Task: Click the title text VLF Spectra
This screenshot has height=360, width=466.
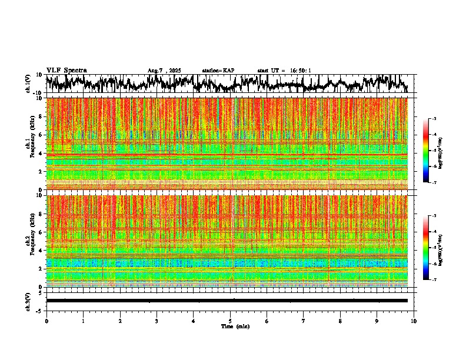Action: [x=66, y=71]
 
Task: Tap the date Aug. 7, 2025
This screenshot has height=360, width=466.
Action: [x=164, y=71]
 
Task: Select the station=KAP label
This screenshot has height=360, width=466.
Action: [x=218, y=71]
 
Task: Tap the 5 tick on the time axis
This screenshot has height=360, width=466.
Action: [x=230, y=321]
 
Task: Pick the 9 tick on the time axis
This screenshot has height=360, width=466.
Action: [x=377, y=321]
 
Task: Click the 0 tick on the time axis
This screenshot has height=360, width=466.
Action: [x=46, y=321]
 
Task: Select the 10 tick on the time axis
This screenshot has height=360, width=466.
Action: [x=414, y=321]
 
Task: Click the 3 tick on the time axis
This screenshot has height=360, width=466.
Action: [x=157, y=321]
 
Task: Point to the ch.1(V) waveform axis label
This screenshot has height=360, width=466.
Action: [x=28, y=84]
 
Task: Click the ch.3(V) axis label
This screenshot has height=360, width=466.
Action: [x=28, y=301]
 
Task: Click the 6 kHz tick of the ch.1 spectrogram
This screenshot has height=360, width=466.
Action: [x=41, y=135]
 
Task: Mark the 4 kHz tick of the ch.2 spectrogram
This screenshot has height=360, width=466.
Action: [x=41, y=251]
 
